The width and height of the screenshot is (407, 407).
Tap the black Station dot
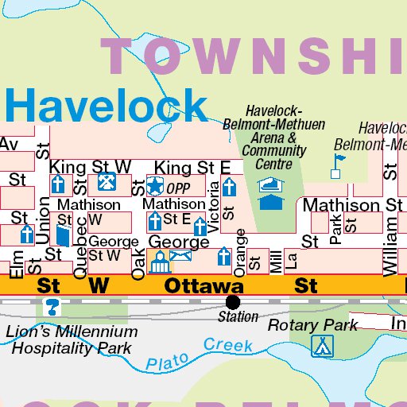(x=233, y=302)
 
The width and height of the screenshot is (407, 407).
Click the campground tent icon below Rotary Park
(x=322, y=346)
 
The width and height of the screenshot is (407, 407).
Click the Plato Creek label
(x=200, y=350)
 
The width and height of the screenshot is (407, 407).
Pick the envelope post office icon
(x=181, y=257)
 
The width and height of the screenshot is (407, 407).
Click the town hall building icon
(x=157, y=258)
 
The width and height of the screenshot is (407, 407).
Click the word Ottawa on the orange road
(x=204, y=285)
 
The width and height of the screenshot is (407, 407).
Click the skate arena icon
(x=271, y=184)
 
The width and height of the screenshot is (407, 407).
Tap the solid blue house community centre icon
(x=271, y=202)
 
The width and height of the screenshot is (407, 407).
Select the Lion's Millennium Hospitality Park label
(x=72, y=339)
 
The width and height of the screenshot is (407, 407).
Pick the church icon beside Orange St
(x=224, y=258)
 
